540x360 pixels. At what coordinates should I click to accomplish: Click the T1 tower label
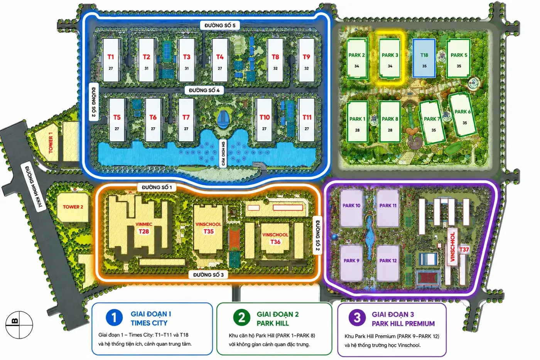111,57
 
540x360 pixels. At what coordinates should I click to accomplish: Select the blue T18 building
424,58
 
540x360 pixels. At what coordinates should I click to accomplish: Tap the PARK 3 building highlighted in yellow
390,58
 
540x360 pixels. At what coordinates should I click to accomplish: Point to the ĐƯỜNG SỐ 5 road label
220,25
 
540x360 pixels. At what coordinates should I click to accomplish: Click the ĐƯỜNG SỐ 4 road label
204,90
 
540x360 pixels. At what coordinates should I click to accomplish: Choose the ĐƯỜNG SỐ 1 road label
157,188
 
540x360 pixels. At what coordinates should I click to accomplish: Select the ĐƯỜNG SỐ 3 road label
208,275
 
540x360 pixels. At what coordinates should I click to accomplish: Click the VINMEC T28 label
143,228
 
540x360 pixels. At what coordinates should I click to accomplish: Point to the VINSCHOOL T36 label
275,238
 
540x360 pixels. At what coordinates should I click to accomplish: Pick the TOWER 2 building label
73,207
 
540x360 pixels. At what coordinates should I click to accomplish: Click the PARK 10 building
351,208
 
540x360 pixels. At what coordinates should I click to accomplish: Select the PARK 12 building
388,263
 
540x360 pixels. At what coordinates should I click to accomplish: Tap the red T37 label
464,249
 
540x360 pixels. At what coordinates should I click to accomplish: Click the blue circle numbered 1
114,317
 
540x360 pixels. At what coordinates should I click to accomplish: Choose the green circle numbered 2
241,318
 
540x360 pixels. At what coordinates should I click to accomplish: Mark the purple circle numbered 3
357,318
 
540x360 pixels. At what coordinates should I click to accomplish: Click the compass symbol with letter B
19,325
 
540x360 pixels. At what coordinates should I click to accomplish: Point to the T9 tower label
306,57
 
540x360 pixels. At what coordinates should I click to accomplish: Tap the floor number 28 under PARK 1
357,130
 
